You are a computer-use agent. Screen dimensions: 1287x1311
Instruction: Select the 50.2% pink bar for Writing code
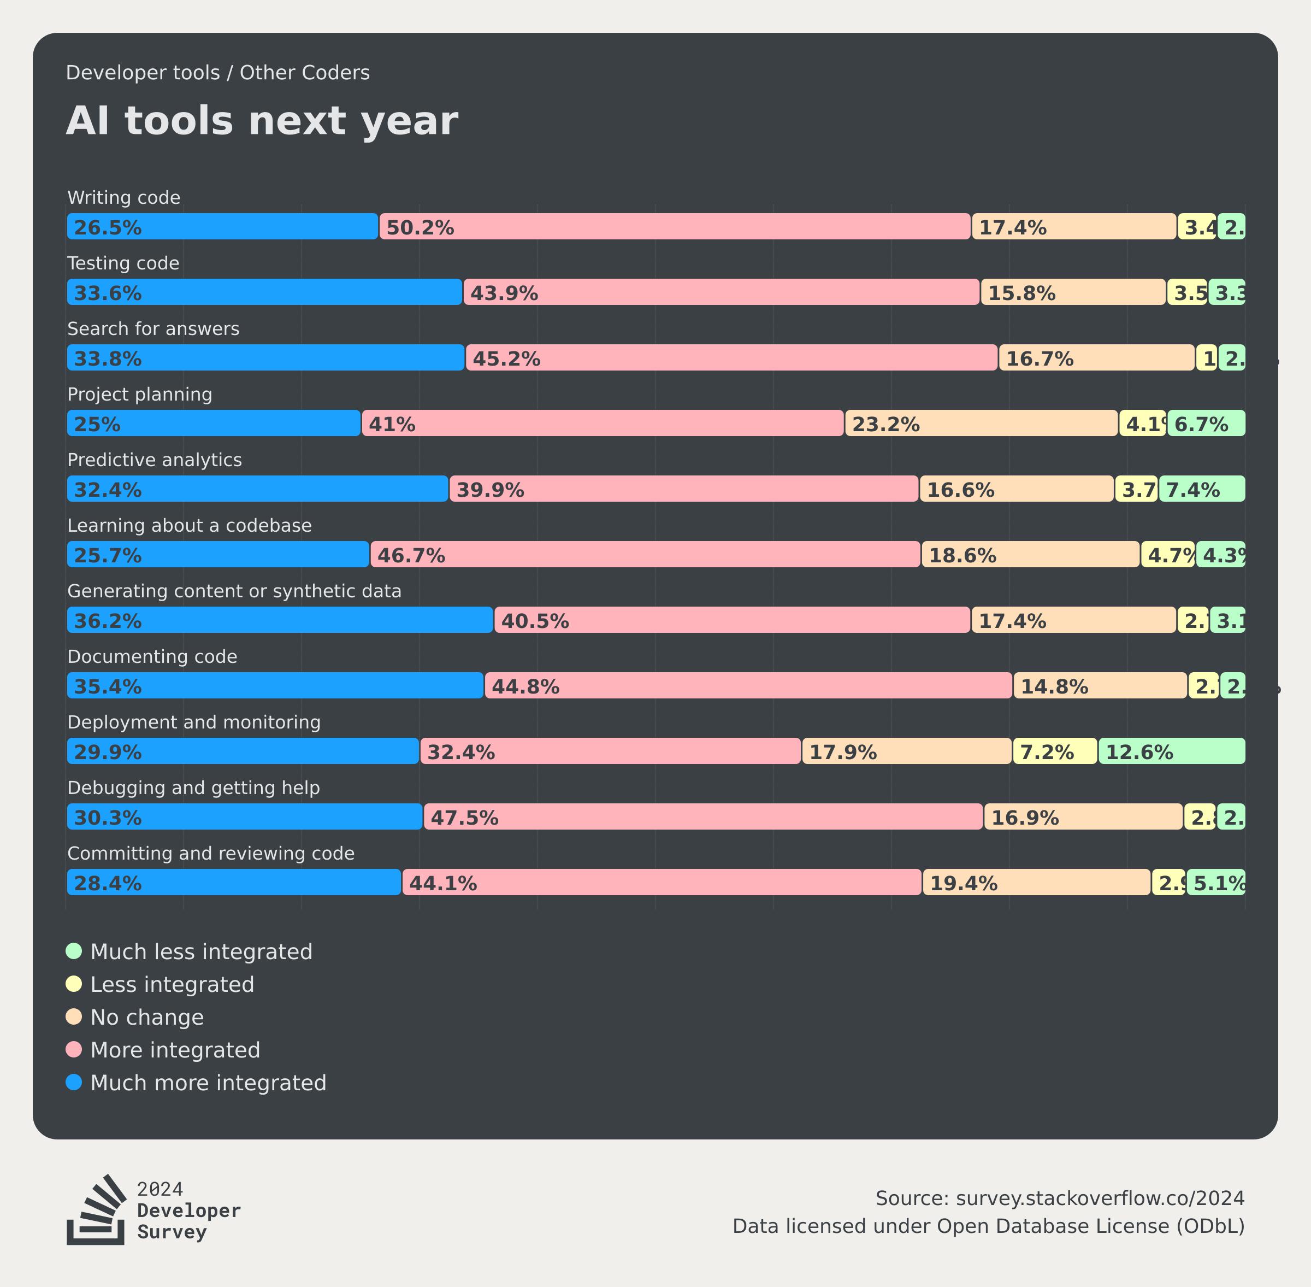(x=675, y=226)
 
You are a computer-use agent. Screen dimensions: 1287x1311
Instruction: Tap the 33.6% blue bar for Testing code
(x=264, y=292)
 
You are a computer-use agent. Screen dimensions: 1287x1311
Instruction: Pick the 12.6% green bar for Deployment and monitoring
(x=1171, y=751)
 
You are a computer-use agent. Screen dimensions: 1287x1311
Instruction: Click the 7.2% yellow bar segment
(x=1054, y=751)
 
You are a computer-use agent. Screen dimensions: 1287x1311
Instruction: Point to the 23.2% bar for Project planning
(x=981, y=423)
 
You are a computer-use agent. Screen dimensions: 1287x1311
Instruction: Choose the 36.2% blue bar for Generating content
(x=280, y=620)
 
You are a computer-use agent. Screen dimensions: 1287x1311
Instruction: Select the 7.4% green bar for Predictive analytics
(x=1202, y=489)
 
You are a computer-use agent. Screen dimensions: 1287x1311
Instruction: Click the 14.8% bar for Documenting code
(x=1100, y=685)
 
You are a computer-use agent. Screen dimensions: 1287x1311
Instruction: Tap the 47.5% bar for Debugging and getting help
(x=703, y=816)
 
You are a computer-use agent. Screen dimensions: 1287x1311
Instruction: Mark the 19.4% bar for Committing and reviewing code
(x=1036, y=882)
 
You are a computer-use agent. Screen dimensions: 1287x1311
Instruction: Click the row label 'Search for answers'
(x=153, y=328)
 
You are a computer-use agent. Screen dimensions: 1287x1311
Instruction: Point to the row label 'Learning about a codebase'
(x=189, y=525)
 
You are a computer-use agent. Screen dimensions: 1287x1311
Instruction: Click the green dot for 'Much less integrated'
(x=74, y=951)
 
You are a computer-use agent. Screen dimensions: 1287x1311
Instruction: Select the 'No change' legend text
(x=146, y=1016)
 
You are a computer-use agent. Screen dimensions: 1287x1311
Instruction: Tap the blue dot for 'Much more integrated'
(x=74, y=1082)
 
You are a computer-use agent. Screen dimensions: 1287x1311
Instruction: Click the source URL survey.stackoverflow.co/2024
(x=1100, y=1198)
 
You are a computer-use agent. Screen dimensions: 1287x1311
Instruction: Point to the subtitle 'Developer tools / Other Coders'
(x=217, y=72)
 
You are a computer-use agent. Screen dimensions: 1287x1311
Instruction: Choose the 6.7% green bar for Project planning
(x=1206, y=423)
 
